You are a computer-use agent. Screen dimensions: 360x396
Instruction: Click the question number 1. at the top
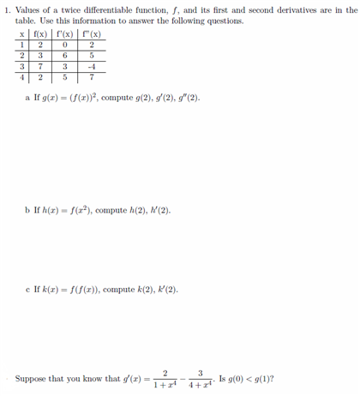click(8, 9)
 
